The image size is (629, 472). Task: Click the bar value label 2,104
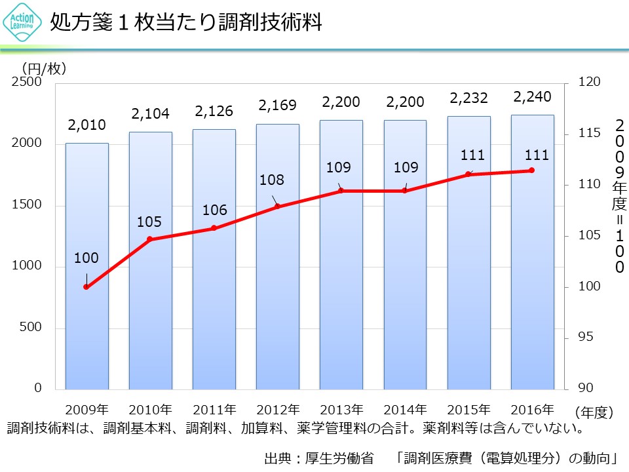coord(150,114)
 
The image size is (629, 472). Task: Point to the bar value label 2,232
coord(468,98)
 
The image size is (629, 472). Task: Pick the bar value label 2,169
coord(277,105)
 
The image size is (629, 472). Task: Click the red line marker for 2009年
coord(86,286)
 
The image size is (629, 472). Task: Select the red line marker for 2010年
coord(149,239)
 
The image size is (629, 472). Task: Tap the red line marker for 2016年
coord(532,170)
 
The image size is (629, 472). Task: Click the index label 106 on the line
coord(214,210)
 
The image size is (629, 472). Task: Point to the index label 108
coord(271,180)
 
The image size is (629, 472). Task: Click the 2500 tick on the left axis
coord(29,83)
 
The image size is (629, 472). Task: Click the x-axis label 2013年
coord(341,410)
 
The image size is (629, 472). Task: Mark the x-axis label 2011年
coord(214,410)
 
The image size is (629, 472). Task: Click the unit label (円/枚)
coord(45,68)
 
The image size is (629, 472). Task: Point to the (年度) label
coord(594,412)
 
